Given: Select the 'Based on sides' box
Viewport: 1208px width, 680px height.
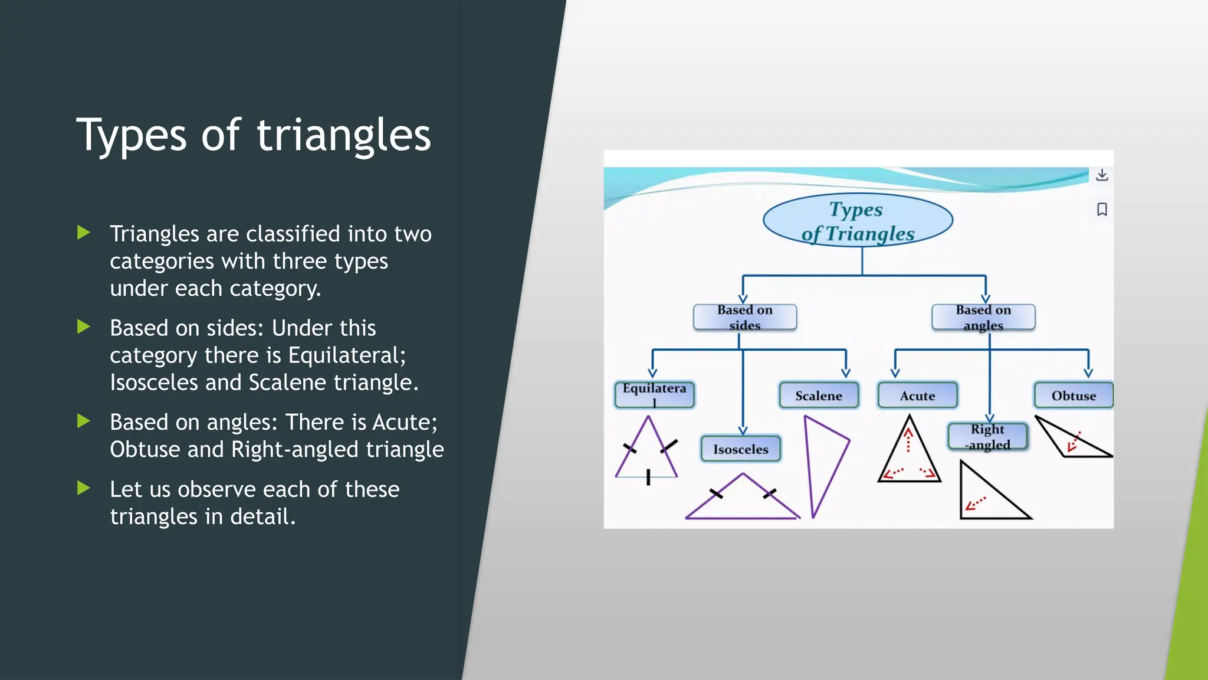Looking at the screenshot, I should click(744, 318).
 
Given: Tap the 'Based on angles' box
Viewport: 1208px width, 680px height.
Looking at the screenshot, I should click(983, 318).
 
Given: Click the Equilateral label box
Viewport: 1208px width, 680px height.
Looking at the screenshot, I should click(654, 395).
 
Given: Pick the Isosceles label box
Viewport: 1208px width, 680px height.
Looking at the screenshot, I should click(740, 449).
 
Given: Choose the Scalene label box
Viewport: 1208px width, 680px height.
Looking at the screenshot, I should click(818, 395).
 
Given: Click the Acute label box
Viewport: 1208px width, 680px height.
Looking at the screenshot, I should click(917, 395).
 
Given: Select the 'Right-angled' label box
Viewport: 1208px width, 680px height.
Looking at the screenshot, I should click(987, 437).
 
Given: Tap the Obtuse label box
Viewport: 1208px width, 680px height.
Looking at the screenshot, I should click(1073, 395).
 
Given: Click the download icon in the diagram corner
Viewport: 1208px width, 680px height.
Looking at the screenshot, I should click(1101, 175).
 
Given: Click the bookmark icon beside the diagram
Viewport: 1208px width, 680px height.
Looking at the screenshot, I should click(1101, 210).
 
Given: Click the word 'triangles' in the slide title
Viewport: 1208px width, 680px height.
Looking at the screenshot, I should click(343, 136).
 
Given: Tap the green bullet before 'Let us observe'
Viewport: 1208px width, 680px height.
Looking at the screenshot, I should click(84, 488).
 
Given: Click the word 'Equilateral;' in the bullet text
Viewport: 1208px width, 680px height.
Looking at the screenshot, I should click(347, 355).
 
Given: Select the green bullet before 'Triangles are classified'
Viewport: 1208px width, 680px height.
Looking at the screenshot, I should click(84, 233).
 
